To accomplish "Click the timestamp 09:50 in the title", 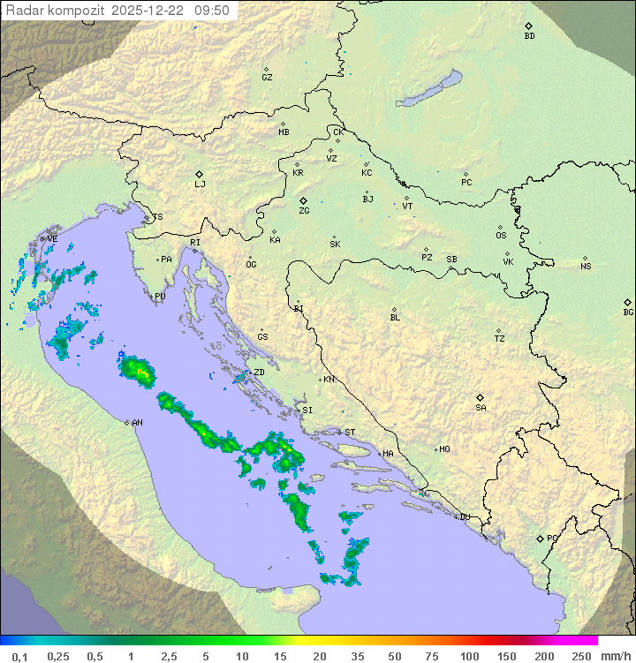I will point(212,10).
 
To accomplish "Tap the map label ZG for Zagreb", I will point(304,211).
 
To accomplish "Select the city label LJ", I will point(200,185).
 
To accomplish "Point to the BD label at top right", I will point(529,36).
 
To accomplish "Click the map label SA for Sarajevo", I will point(481,408).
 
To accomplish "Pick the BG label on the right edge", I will point(628,312).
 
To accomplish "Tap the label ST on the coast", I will point(350,433).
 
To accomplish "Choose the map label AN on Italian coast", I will point(137,423).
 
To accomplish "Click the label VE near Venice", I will point(52,239).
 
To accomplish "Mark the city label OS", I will point(501,236).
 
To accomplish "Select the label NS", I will point(586,267).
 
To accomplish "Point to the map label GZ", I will point(267,78).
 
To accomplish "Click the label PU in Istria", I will point(160,297).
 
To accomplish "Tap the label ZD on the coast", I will point(259,373).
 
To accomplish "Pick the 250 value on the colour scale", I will point(581,656).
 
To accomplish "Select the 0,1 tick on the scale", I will point(19,656).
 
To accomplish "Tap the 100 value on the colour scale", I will point(469,656).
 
